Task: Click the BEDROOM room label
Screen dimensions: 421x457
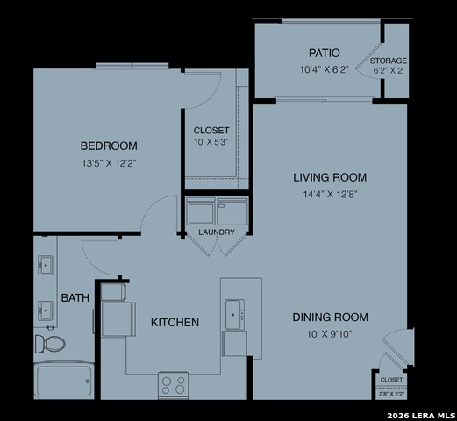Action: (x=109, y=146)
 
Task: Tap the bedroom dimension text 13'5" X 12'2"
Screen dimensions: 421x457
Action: (x=109, y=162)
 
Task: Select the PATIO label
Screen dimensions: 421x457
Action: (x=324, y=53)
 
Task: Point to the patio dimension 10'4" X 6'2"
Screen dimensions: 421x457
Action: (x=324, y=68)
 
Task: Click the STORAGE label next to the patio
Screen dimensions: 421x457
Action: (x=388, y=61)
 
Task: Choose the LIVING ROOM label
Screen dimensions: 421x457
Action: (x=329, y=177)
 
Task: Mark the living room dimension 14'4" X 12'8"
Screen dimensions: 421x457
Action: (x=329, y=194)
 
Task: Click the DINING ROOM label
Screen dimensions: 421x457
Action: (x=330, y=317)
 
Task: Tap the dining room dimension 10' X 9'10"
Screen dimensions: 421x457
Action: (x=330, y=333)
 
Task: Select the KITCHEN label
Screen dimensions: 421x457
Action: (x=175, y=323)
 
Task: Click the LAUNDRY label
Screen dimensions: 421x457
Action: (x=216, y=232)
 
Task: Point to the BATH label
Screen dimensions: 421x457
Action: (x=75, y=298)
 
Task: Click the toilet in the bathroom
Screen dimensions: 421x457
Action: (x=50, y=341)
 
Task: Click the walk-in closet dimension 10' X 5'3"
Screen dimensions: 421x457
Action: (x=211, y=143)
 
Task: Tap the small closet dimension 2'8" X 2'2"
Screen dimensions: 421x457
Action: (x=391, y=395)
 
